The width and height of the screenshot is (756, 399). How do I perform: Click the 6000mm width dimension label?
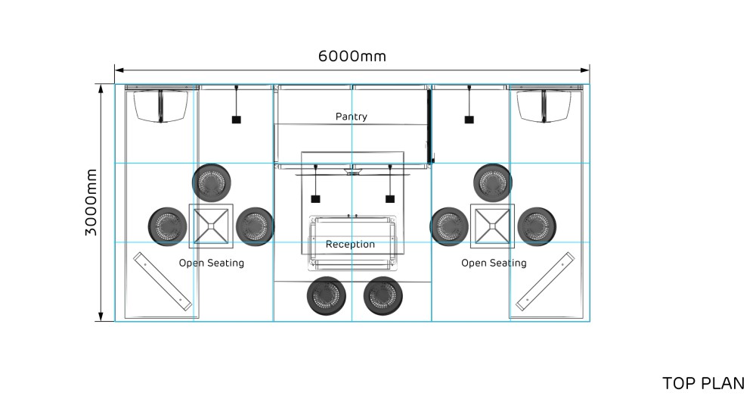(x=352, y=56)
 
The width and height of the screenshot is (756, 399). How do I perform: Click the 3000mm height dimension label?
(x=91, y=202)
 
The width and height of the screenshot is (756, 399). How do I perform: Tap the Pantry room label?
(x=351, y=117)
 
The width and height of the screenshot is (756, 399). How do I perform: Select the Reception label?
(x=350, y=244)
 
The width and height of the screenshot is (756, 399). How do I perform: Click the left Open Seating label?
(x=212, y=263)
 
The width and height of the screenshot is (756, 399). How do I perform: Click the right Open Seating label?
(x=494, y=263)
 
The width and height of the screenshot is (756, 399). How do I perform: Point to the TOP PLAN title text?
(x=703, y=383)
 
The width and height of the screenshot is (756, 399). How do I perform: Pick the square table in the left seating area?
(x=211, y=226)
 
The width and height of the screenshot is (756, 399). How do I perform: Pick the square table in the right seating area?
(x=492, y=226)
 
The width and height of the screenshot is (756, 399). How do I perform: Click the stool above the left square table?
(x=211, y=183)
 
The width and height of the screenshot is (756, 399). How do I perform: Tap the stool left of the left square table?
(x=167, y=226)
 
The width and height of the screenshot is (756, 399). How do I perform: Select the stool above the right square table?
(x=493, y=183)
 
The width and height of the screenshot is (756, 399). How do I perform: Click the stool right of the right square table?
(x=537, y=226)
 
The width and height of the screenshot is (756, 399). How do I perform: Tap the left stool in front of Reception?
(x=327, y=295)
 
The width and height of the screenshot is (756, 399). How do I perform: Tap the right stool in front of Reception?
(x=383, y=295)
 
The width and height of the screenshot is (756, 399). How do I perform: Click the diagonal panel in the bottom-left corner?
(x=163, y=281)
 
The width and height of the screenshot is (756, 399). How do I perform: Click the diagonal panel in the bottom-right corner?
(x=545, y=281)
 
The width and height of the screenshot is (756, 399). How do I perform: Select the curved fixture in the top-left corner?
(x=160, y=106)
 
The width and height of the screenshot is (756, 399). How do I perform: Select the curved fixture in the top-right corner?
(x=544, y=106)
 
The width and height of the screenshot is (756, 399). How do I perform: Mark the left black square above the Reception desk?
(x=315, y=198)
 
